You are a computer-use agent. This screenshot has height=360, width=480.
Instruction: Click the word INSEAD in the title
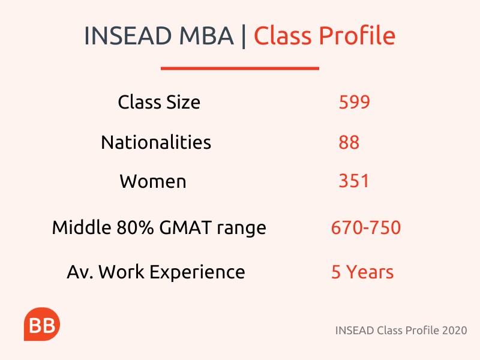click(127, 36)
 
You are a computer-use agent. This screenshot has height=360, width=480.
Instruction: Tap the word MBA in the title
click(206, 36)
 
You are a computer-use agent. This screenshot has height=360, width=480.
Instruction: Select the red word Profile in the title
click(357, 35)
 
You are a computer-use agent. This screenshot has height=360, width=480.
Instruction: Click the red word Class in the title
click(282, 35)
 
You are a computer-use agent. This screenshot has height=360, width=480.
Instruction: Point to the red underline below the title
click(240, 68)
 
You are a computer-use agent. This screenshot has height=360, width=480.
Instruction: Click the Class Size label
click(159, 102)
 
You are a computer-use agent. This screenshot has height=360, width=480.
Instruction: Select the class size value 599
click(355, 102)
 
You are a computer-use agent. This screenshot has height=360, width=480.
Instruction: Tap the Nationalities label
click(156, 142)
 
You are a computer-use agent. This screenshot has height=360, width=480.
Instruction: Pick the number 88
click(349, 142)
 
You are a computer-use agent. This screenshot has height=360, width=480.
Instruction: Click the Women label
click(153, 181)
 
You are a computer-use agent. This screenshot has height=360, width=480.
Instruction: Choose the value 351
click(354, 181)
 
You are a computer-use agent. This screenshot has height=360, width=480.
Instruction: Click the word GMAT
click(185, 227)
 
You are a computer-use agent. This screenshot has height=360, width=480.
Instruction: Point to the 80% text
click(135, 227)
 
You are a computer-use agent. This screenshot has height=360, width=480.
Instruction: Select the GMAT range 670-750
click(366, 227)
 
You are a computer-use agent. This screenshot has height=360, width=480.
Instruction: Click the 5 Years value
click(362, 272)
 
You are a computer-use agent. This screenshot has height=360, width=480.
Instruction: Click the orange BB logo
click(42, 324)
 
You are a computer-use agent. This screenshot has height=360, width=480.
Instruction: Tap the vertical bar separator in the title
click(244, 36)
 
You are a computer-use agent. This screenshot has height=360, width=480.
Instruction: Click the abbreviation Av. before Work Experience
click(80, 272)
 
